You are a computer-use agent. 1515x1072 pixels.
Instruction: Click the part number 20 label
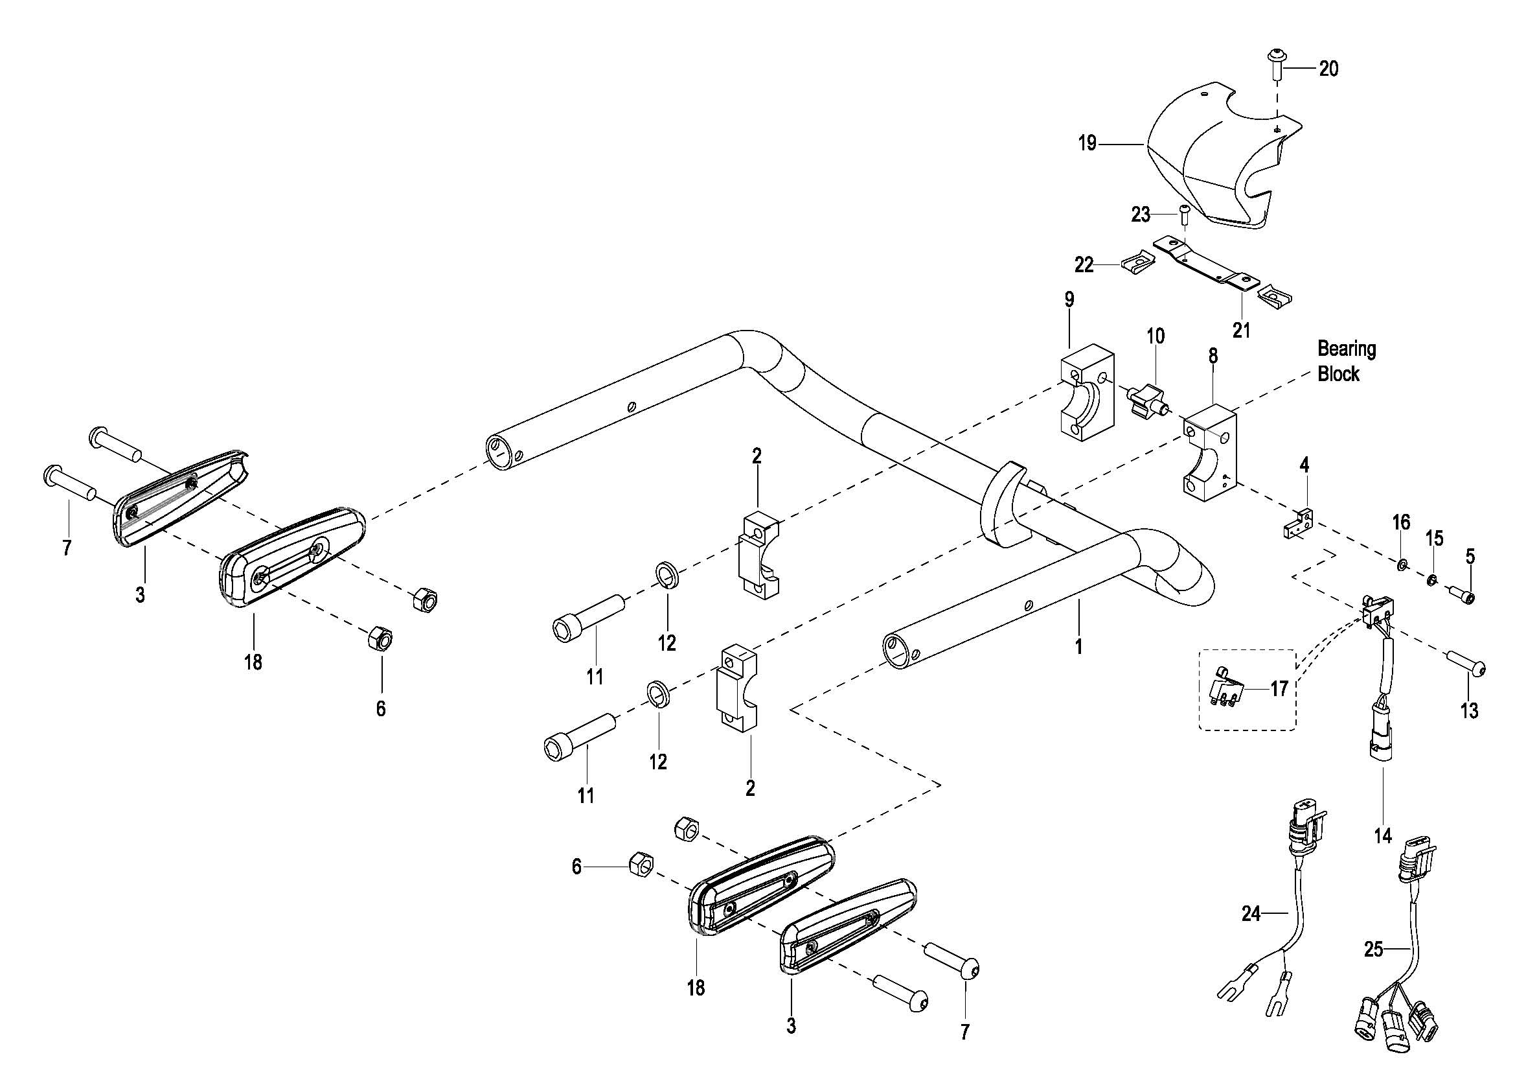(x=1329, y=69)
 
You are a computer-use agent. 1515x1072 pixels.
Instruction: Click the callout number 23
(x=1141, y=215)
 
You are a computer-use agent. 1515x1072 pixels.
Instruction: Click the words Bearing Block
(x=1347, y=361)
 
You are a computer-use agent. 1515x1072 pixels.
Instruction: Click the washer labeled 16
(x=1399, y=564)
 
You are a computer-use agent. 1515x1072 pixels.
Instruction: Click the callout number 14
(x=1383, y=835)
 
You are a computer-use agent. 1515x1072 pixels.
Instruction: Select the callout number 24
(x=1251, y=914)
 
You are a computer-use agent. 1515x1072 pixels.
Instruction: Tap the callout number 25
(x=1374, y=950)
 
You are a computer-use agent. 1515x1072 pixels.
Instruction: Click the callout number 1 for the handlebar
(x=1078, y=646)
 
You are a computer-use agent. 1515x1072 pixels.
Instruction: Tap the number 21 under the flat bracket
(x=1242, y=329)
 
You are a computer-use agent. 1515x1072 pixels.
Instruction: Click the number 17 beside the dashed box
(x=1279, y=688)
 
